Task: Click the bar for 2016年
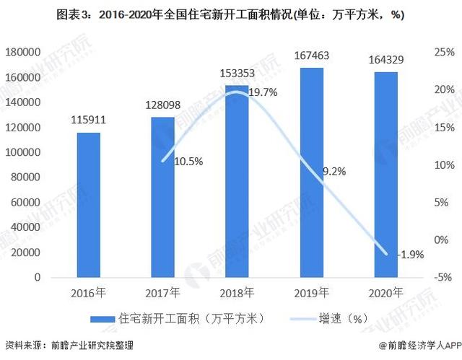89,205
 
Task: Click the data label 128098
163,105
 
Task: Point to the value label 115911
89,120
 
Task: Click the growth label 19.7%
263,92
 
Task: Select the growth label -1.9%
411,254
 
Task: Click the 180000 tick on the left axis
22,52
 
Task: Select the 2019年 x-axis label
313,293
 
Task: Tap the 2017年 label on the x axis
163,293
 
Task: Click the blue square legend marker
103,318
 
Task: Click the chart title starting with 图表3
232,15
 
